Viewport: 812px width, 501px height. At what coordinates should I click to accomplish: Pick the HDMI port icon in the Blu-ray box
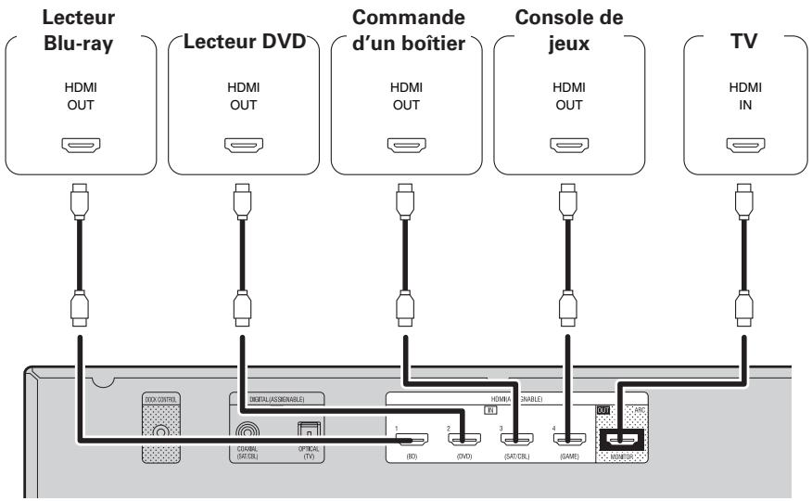pyautogui.click(x=82, y=145)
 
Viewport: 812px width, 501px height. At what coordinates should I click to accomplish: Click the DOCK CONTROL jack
pyautogui.click(x=161, y=432)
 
